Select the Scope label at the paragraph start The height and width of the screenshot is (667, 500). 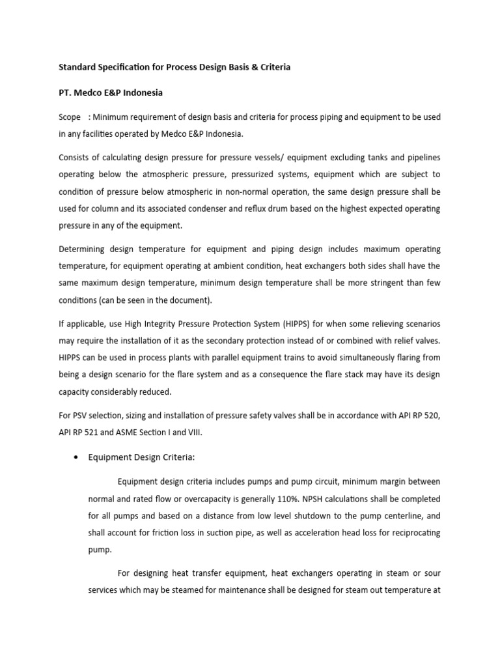point(70,117)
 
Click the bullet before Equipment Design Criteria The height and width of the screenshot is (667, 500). point(76,457)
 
